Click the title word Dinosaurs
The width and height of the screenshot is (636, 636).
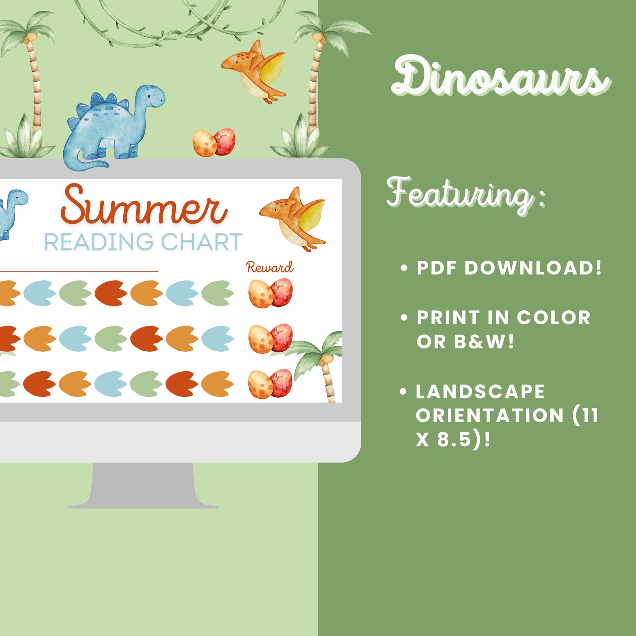pos(501,76)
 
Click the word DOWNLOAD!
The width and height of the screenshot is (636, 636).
pos(533,268)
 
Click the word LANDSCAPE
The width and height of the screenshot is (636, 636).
pos(480,392)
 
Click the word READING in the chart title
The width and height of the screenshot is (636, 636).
pos(99,242)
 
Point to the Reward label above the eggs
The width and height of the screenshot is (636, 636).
pos(270,267)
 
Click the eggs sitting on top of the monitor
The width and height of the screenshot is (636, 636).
pos(214,142)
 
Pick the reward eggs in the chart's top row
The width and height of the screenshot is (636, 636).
pos(270,293)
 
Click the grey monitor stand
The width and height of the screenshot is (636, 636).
pos(143,485)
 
